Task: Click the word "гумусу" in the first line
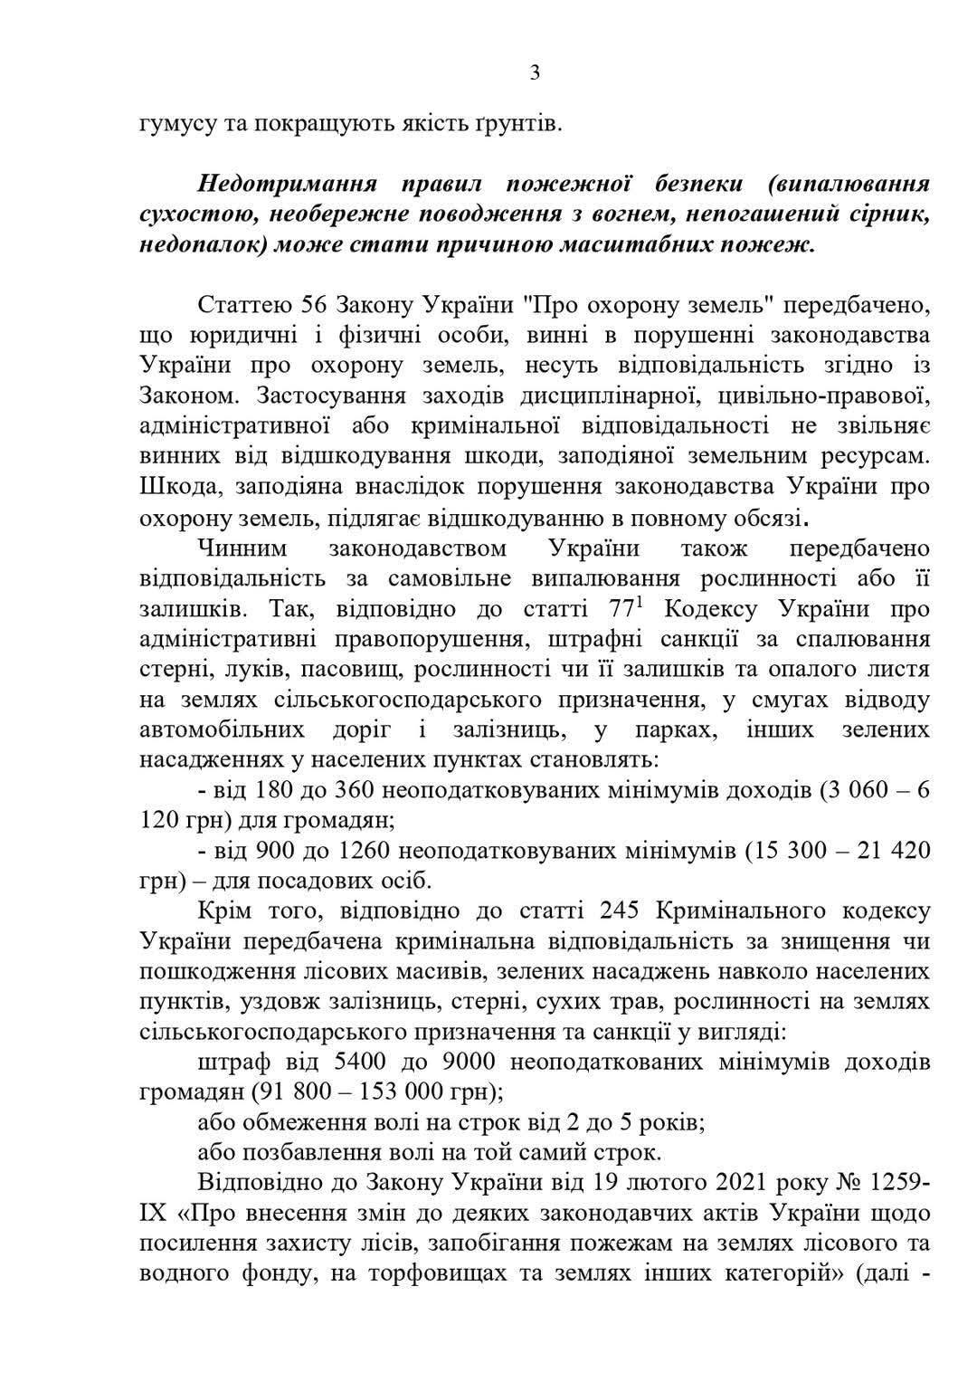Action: coord(175,123)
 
